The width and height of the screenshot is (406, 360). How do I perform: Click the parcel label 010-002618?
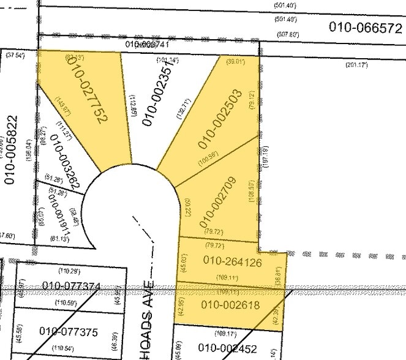230,304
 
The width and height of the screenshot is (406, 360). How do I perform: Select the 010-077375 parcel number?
69,331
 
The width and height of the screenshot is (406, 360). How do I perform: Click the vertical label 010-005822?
10,150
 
